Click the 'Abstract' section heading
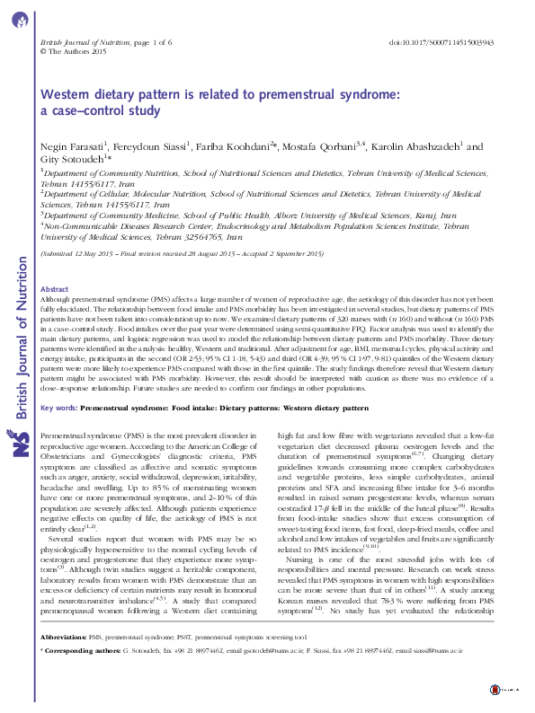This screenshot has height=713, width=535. pyautogui.click(x=55, y=290)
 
